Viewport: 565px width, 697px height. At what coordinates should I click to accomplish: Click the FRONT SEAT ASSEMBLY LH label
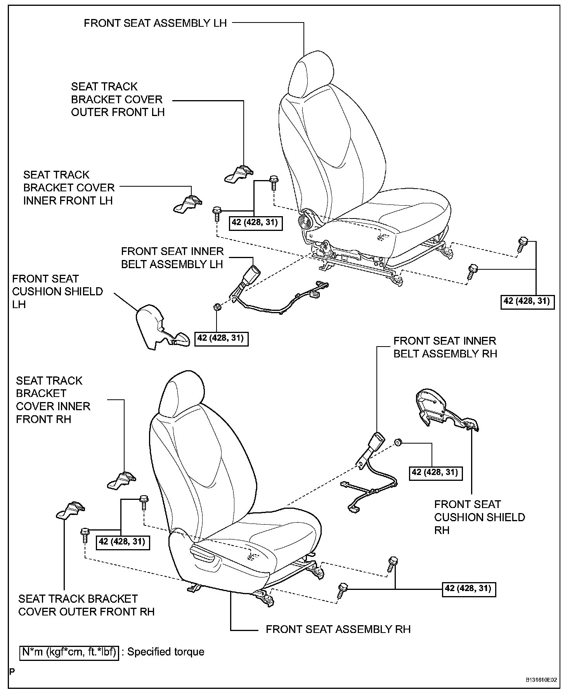coord(155,23)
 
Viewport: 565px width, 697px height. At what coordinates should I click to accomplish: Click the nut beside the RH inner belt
coord(398,442)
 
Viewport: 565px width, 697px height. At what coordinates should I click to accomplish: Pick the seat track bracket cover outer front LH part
coord(239,174)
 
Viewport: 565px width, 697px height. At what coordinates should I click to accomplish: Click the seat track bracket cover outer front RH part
coord(71,511)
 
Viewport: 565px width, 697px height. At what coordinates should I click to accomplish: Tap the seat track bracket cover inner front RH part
coord(122,480)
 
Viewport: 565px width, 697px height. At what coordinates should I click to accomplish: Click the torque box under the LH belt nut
coord(220,338)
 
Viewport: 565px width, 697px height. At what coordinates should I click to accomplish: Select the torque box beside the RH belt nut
coord(435,472)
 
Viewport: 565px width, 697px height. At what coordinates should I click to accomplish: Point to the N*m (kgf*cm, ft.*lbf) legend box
coord(69,652)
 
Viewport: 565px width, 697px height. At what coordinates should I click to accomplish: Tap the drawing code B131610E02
coord(541,680)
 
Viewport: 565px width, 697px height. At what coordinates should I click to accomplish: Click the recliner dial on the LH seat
coord(307,219)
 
